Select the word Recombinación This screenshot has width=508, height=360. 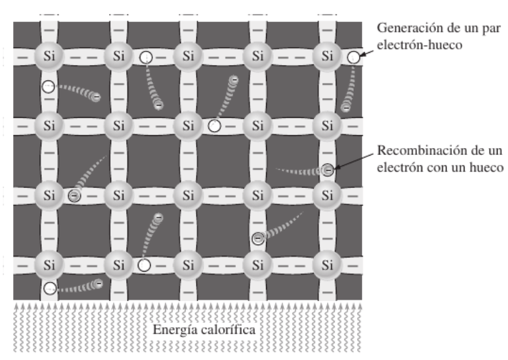click(413, 151)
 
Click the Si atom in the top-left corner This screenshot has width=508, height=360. click(48, 56)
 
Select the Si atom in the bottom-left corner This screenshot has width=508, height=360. click(48, 264)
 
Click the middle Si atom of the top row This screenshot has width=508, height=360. click(188, 56)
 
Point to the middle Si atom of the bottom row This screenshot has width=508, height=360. click(188, 264)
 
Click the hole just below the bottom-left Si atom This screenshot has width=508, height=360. click(50, 289)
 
